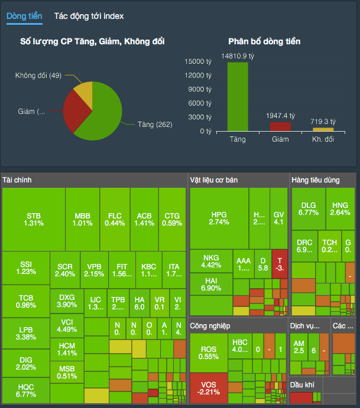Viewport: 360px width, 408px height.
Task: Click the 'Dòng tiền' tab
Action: pyautogui.click(x=24, y=16)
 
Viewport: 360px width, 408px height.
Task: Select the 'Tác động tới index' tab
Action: pyautogui.click(x=89, y=16)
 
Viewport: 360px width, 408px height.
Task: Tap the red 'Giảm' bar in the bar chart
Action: pyautogui.click(x=280, y=126)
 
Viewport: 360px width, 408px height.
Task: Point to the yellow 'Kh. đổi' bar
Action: pyautogui.click(x=323, y=129)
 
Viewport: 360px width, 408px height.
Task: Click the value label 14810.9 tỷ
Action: pyautogui.click(x=238, y=56)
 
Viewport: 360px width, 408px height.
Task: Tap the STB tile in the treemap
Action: pyautogui.click(x=34, y=219)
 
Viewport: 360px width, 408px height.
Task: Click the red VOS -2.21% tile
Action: pyautogui.click(x=209, y=389)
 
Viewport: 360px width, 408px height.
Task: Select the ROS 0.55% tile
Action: pyautogui.click(x=209, y=352)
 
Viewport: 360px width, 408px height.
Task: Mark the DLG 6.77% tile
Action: pyautogui.click(x=308, y=208)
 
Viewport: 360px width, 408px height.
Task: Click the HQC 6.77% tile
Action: pyautogui.click(x=26, y=390)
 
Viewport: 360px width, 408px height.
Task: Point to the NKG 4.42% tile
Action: pyautogui.click(x=211, y=262)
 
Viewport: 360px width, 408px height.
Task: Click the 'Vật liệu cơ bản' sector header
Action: pyautogui.click(x=214, y=179)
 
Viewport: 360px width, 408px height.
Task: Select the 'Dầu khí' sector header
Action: pyautogui.click(x=303, y=384)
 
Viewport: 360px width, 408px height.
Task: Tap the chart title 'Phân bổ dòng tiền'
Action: pyautogui.click(x=264, y=41)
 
